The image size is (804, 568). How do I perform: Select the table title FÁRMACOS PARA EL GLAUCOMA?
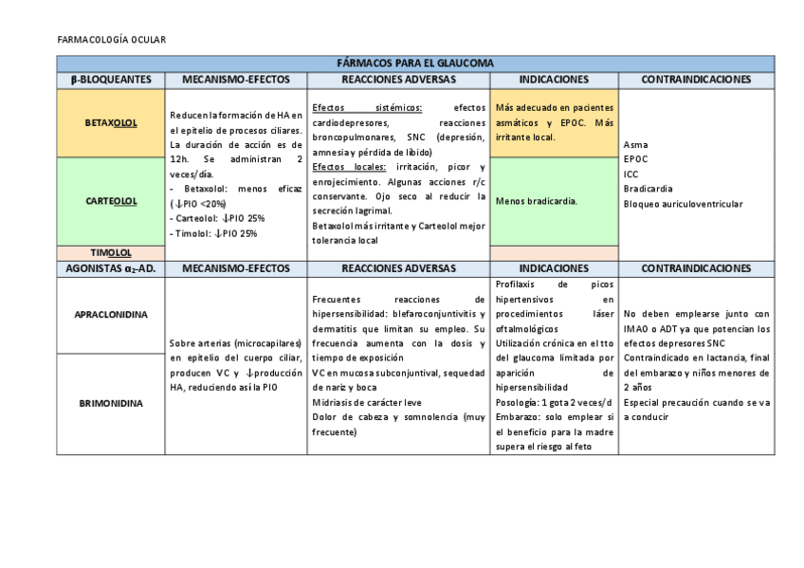tap(401, 64)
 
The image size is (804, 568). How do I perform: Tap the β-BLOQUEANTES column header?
tap(111, 80)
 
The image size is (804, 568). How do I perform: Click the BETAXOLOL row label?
tap(111, 122)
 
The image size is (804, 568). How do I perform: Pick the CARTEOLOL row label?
tap(111, 201)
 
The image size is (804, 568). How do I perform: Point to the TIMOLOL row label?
tap(111, 253)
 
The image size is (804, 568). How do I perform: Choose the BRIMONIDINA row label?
tap(111, 402)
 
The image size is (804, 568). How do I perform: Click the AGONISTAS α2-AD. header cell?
tap(111, 269)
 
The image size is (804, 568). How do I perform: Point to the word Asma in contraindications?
tap(635, 145)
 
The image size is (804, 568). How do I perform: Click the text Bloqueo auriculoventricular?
tap(683, 204)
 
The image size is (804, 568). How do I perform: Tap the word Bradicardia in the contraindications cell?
tap(648, 189)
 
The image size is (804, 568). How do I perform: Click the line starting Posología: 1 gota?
tap(554, 402)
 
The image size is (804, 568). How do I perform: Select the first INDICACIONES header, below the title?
tap(554, 80)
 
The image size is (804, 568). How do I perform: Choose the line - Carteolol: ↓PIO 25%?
tap(219, 218)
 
